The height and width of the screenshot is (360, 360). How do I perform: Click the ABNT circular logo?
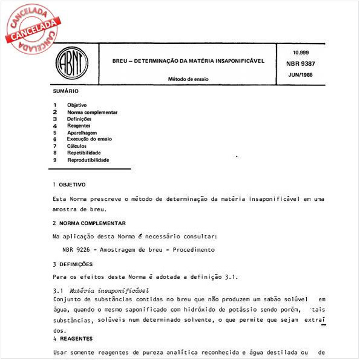[72, 63]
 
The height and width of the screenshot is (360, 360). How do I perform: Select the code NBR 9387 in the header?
[300, 64]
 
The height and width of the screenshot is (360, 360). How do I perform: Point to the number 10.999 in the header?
[300, 53]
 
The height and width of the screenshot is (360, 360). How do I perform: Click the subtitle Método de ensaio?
[188, 79]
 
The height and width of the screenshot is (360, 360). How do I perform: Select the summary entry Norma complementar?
[92, 113]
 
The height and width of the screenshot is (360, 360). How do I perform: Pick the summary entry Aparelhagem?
[82, 133]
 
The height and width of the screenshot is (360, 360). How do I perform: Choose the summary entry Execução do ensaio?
[89, 139]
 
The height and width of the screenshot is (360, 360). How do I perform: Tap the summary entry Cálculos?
[77, 146]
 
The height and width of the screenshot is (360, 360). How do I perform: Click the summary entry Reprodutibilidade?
[88, 160]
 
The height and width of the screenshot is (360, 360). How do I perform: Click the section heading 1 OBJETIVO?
[69, 184]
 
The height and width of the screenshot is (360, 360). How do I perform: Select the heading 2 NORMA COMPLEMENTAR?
[89, 223]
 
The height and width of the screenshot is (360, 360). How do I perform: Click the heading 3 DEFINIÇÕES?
[73, 264]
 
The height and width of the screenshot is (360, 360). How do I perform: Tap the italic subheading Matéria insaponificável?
[109, 290]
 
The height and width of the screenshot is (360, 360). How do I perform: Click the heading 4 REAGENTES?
[71, 338]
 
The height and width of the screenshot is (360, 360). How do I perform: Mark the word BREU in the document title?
[120, 61]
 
